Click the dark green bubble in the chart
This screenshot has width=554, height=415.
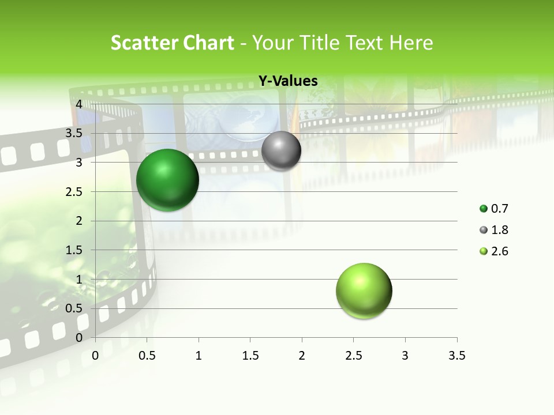coord(167,180)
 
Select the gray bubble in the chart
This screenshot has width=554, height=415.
coord(281,150)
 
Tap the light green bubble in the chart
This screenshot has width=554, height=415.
coord(364,290)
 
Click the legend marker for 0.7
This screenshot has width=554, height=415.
coord(484,209)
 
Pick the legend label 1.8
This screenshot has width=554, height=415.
coord(500,230)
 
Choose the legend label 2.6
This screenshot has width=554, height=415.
coord(500,251)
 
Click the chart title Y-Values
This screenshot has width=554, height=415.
coord(288,81)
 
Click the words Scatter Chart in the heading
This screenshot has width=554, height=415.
coord(172,43)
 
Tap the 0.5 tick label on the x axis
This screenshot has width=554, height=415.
coord(147,356)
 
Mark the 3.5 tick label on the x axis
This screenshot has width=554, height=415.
coord(456,356)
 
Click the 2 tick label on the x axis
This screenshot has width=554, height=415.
coord(302,356)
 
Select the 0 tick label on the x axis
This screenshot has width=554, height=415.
coord(96,356)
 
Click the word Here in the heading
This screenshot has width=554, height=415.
coord(411,43)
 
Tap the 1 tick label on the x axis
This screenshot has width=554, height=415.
coord(199,356)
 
